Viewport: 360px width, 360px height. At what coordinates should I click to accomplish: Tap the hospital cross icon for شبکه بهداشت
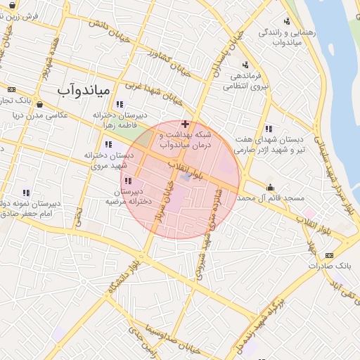point(185,124)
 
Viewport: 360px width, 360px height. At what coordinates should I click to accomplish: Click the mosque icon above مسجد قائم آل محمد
point(271,187)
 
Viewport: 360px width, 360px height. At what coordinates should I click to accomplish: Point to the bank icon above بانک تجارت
point(11,90)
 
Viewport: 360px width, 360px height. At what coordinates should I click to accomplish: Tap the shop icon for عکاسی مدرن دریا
point(39,105)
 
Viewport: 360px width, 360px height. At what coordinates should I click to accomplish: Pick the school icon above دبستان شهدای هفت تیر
point(269,129)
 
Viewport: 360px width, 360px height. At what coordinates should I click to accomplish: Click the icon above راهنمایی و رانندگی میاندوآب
point(286,22)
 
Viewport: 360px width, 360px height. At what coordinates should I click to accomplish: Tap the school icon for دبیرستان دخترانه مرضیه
point(127,182)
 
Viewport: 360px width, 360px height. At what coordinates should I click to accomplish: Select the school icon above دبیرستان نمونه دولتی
point(26,192)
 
